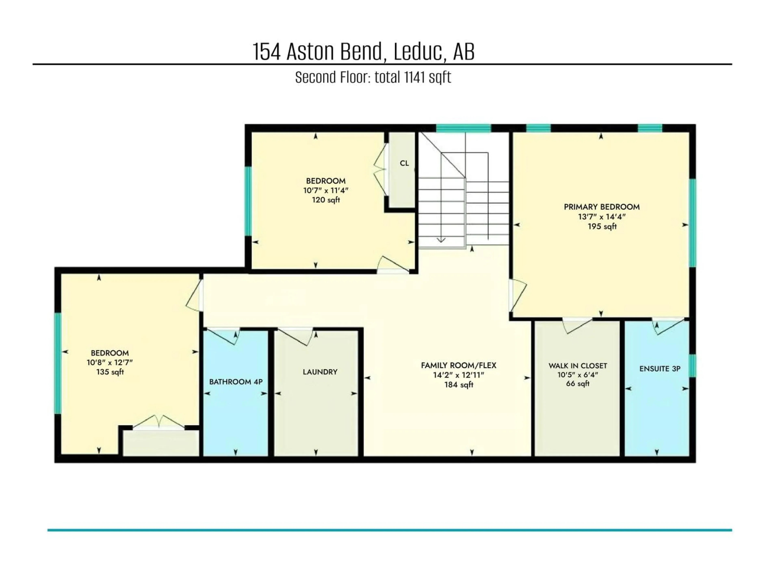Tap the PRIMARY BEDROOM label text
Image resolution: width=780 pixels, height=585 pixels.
point(602,207)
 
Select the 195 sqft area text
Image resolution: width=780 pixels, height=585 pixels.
point(602,226)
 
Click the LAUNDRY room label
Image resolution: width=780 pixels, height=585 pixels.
point(320,372)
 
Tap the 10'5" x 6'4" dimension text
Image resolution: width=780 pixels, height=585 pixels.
point(578,375)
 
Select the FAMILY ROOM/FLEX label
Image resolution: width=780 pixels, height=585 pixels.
point(458,365)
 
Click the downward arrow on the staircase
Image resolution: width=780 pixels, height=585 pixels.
point(441,240)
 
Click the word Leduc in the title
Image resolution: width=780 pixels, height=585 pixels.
point(418,52)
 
